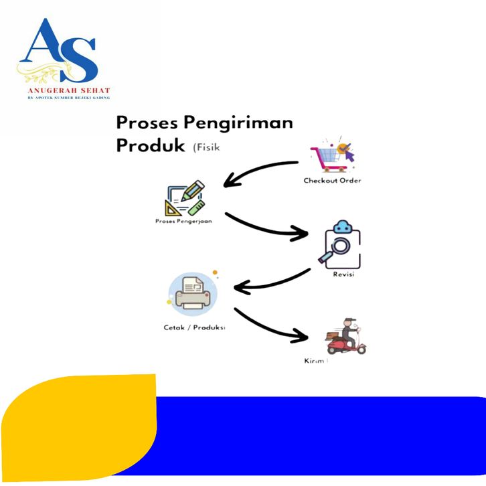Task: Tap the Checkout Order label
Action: click(x=332, y=181)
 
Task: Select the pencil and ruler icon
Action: click(x=185, y=199)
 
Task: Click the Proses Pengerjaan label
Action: click(x=183, y=221)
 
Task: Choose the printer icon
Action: click(x=194, y=294)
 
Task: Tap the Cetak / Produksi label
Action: click(x=194, y=327)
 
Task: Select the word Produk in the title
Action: click(x=151, y=145)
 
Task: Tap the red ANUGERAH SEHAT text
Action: click(x=68, y=90)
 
